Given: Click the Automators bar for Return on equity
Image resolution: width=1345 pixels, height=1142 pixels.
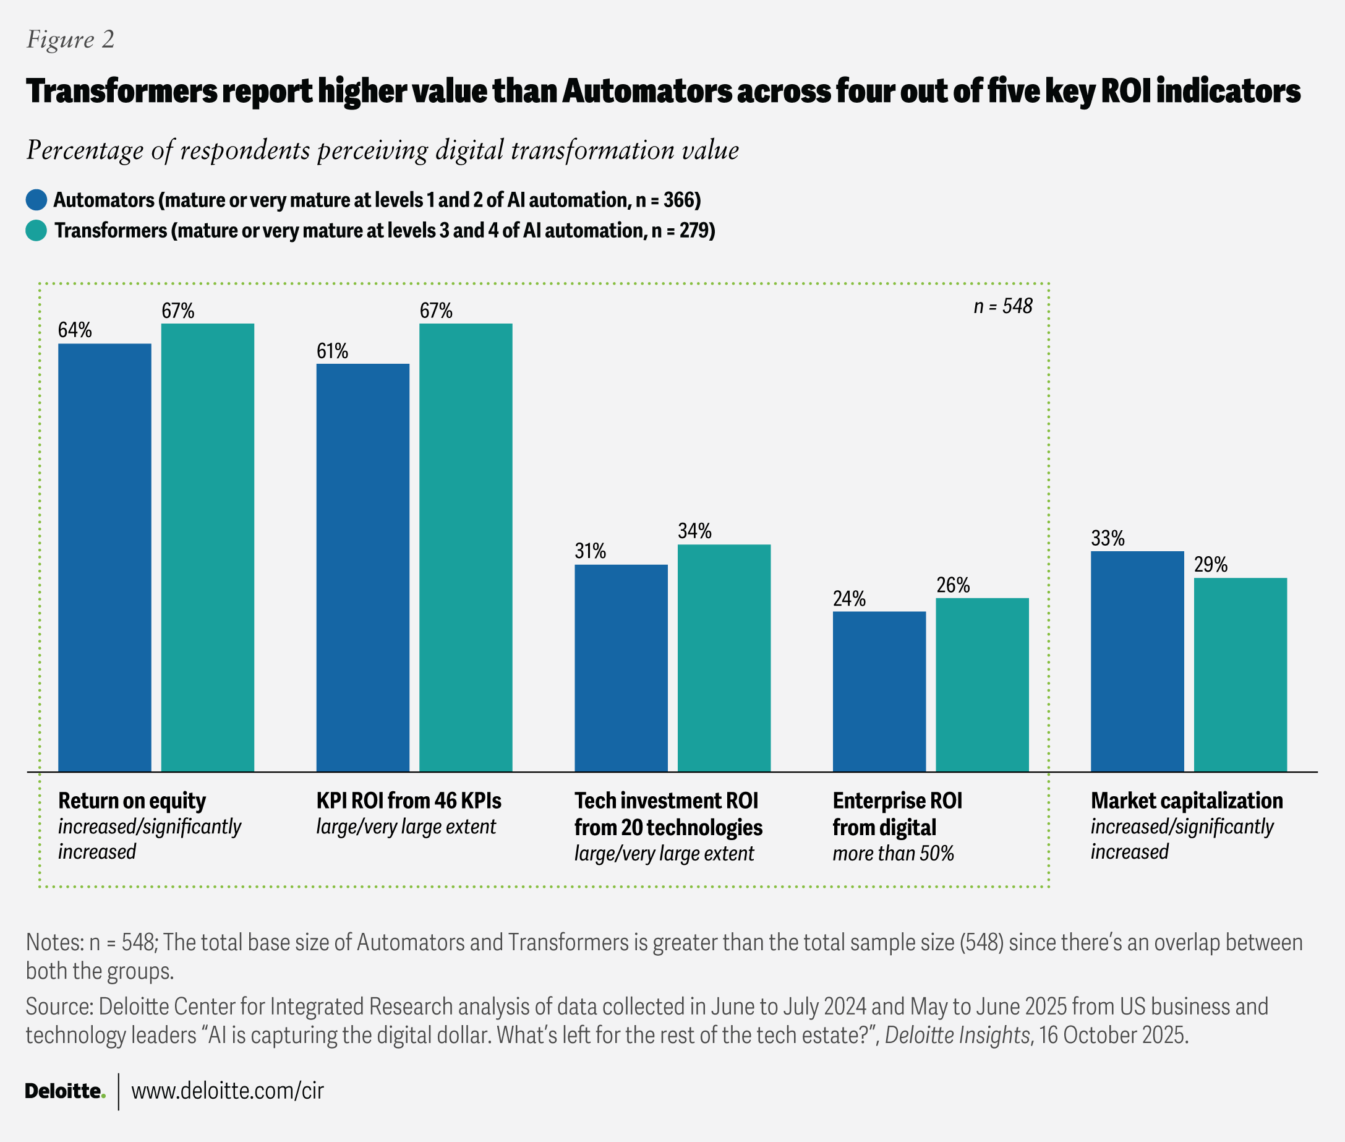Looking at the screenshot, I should click(105, 557).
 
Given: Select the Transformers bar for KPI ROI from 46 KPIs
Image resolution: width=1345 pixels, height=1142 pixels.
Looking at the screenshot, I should click(466, 547).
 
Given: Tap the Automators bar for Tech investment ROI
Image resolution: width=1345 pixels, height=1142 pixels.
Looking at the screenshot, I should click(621, 668).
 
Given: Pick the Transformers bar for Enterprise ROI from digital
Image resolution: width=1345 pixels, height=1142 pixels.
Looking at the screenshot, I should click(982, 684).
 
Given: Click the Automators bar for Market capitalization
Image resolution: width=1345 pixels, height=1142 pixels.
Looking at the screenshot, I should click(1137, 661).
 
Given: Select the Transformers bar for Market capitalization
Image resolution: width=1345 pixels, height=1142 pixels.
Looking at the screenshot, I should click(1239, 674).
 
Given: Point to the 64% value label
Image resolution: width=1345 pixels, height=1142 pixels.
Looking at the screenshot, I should click(75, 330).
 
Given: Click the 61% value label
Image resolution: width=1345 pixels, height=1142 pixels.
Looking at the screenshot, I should click(332, 351).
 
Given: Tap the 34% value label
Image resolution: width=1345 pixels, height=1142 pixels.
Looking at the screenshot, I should click(694, 531).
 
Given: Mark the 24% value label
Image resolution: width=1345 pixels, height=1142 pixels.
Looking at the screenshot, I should click(849, 598).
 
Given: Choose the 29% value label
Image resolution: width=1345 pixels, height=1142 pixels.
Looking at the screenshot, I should click(1210, 565).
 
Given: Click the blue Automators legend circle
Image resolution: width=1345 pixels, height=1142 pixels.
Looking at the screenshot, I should click(36, 199).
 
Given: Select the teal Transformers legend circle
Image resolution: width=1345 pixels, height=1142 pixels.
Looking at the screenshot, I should click(36, 231).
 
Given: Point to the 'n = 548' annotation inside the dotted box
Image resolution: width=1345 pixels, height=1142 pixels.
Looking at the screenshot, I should click(1002, 306).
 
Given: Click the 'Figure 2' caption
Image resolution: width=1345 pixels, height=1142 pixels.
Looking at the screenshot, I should click(70, 40).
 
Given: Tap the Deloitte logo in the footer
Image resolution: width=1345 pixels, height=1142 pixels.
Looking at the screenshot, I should click(65, 1091).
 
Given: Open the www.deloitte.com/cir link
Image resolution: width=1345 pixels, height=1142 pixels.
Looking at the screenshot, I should click(227, 1091).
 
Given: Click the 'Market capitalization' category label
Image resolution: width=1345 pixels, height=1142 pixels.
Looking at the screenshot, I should click(1187, 801).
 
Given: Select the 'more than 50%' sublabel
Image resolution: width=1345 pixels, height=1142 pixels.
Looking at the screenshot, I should click(893, 853).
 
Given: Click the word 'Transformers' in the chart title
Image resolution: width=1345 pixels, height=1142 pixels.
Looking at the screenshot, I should click(122, 92).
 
